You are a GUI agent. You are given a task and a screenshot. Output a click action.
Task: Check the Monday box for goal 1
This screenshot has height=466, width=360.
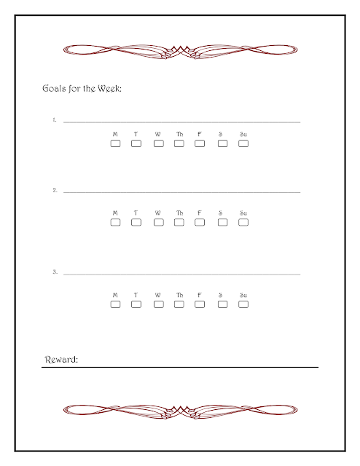point(115,143)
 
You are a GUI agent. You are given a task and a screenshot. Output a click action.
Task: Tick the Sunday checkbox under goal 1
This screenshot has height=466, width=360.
point(243,143)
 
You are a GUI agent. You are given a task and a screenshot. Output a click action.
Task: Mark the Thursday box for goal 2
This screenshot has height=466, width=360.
point(179,222)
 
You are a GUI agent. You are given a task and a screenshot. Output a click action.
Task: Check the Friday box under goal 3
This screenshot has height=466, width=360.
point(200,304)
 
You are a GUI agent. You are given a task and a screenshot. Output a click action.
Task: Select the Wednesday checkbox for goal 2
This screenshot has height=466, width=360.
point(159,222)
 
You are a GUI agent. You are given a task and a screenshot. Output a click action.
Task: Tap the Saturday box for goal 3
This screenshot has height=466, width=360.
point(222,304)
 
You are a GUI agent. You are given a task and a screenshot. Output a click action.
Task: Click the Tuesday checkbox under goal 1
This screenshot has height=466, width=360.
point(136,143)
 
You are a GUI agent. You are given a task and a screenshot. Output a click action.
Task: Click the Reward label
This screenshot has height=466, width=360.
point(61,360)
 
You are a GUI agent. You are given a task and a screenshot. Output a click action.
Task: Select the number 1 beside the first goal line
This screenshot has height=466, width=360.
point(55,119)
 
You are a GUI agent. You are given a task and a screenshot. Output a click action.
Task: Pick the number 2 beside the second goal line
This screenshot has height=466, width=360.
point(55,190)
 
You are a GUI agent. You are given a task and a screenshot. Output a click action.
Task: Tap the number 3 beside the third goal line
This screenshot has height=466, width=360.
point(55,272)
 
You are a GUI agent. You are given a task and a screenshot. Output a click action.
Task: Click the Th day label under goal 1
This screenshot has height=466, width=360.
point(179,134)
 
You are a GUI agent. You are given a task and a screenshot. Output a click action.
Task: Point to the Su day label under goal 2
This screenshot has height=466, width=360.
point(243,213)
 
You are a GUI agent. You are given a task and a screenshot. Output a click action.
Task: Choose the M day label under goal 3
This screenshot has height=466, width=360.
point(115,295)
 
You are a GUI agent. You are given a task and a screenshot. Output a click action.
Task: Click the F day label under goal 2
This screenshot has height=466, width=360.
point(200,213)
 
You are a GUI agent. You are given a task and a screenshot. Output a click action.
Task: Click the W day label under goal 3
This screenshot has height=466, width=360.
point(157,295)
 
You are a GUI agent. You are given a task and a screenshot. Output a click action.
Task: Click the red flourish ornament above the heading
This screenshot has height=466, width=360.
point(180,52)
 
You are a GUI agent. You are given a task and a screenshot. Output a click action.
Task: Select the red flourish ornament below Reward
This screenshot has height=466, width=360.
point(180,412)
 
